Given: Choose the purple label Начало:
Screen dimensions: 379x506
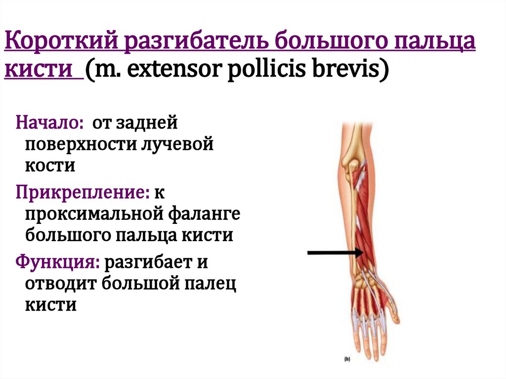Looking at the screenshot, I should point(49,123).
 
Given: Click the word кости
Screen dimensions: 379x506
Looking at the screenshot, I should point(50,166).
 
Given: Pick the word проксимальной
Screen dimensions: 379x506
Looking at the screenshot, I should point(92,214).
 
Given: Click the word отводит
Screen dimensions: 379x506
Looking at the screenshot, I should point(59,284).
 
